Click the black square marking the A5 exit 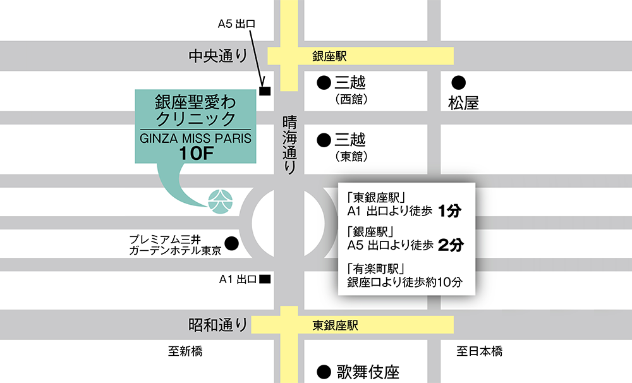point(265,92)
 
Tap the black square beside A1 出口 point(265,279)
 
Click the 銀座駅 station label point(329,56)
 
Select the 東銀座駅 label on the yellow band point(336,325)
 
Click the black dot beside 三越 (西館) point(324,82)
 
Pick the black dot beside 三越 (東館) point(324,139)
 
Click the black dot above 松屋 point(459,82)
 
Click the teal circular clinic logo point(222,200)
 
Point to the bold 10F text point(197,153)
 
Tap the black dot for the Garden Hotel point(231,242)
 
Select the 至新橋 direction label point(185,351)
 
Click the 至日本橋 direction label point(480,351)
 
